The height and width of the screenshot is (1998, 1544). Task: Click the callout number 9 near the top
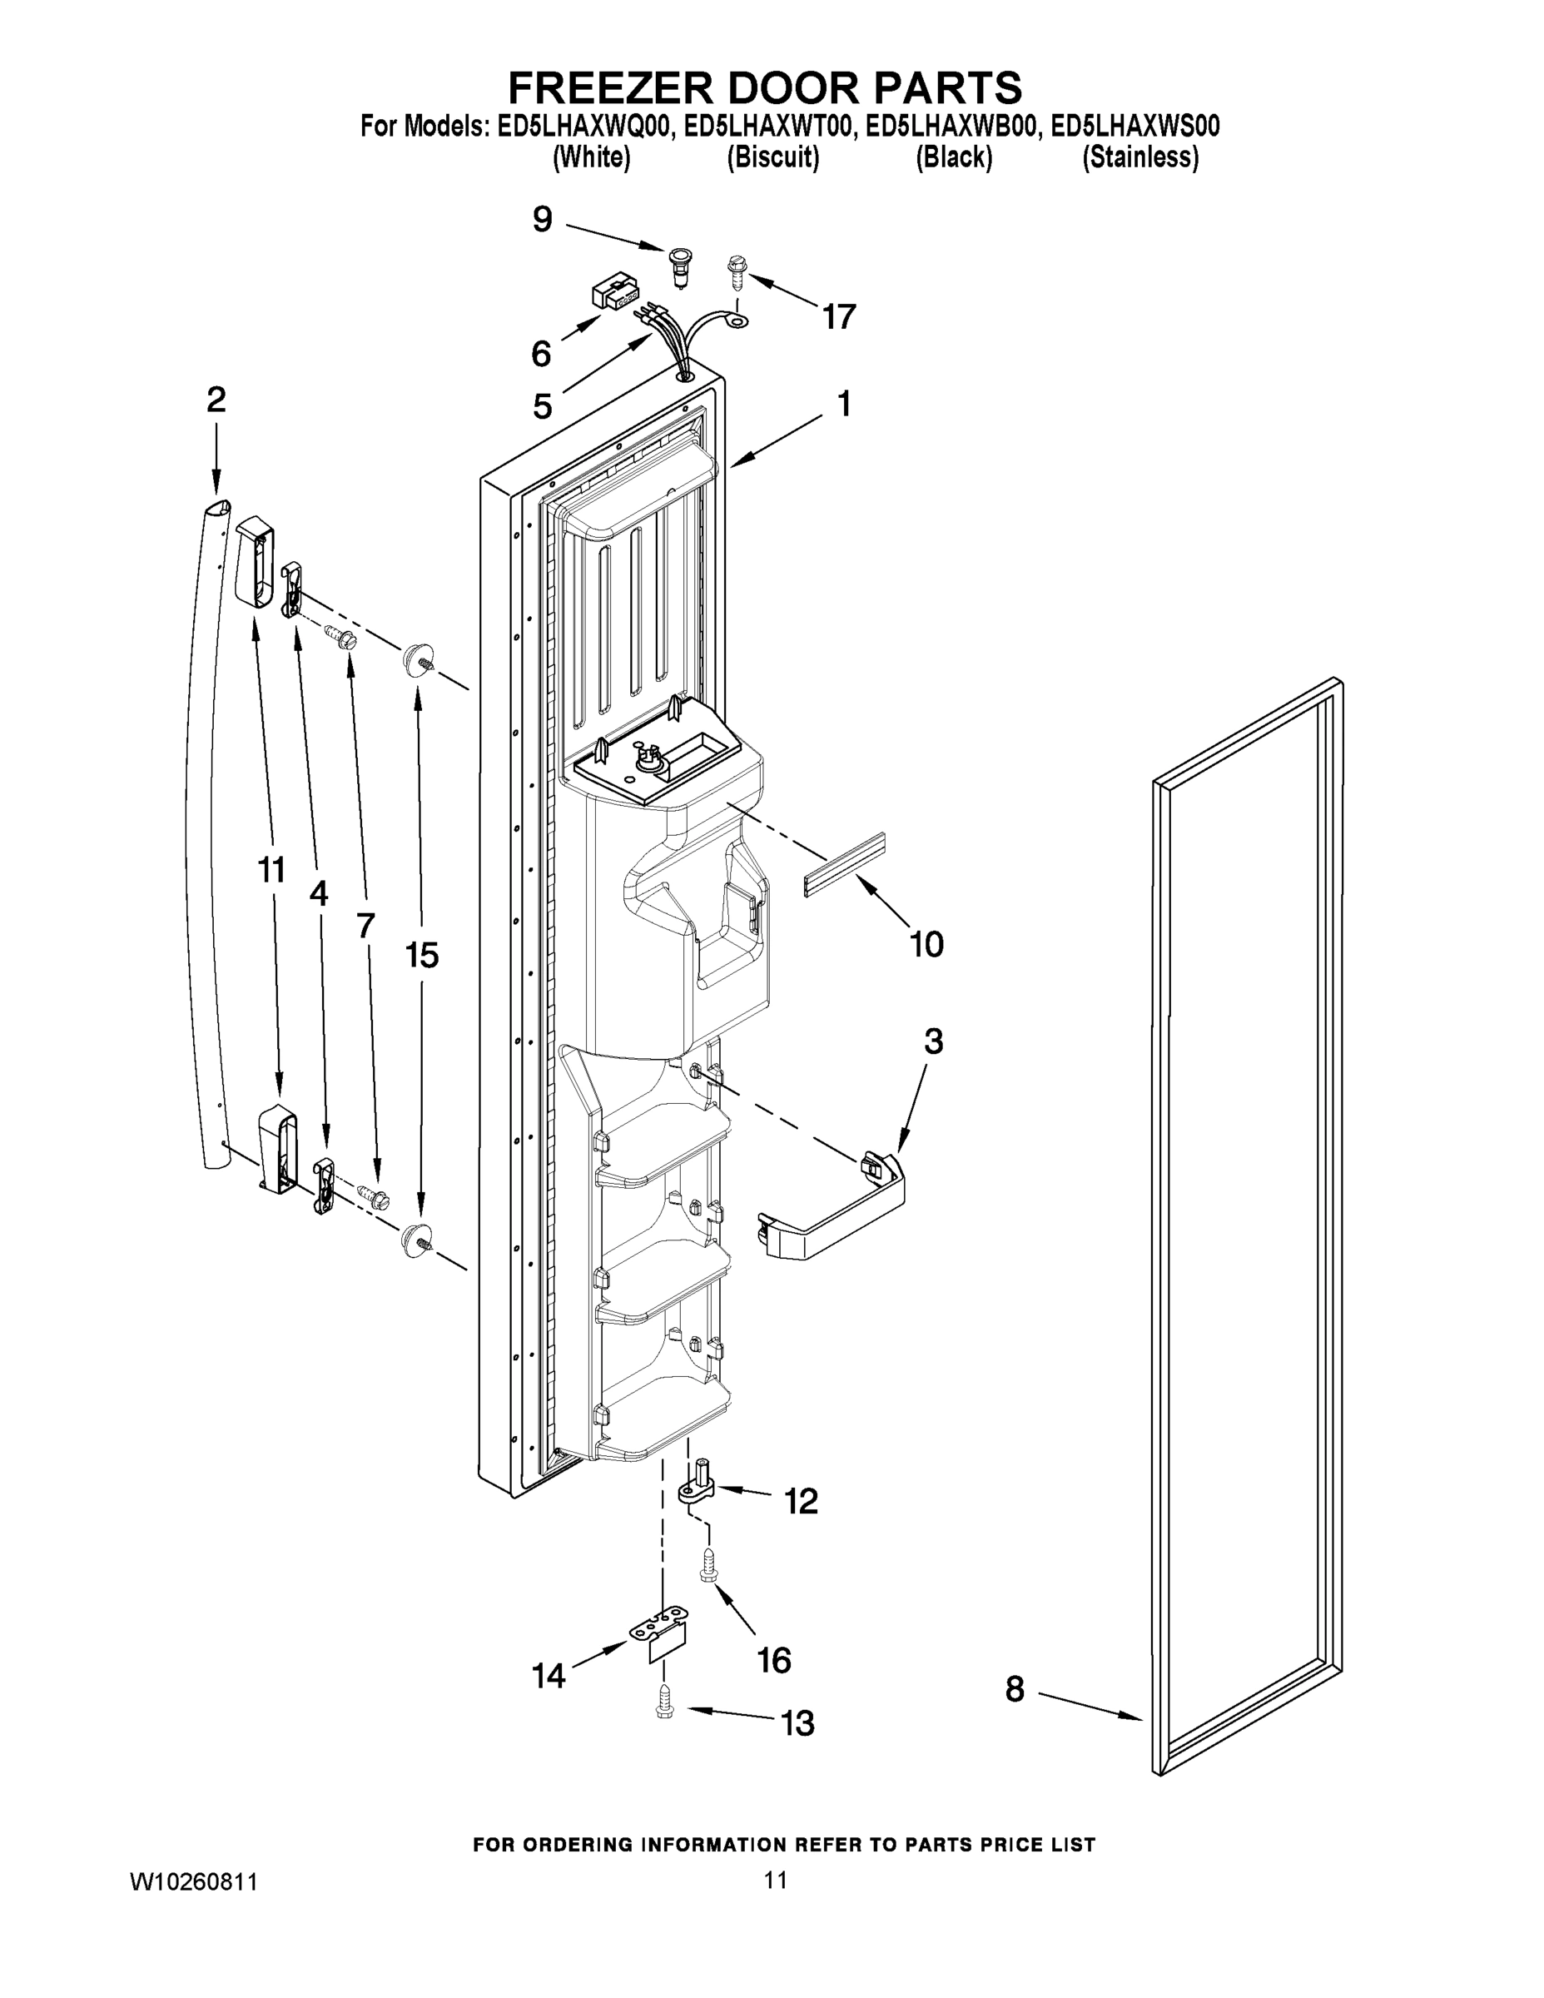click(543, 220)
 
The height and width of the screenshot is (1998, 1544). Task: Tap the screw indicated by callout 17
click(737, 269)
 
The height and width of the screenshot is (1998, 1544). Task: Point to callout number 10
click(926, 943)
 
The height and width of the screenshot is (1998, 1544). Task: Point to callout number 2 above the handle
click(216, 400)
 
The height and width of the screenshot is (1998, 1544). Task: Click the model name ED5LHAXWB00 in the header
click(952, 126)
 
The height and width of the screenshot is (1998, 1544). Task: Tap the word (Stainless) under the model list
click(1139, 157)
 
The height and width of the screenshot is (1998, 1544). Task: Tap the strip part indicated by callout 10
click(845, 864)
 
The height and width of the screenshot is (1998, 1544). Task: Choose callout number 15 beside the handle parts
click(422, 955)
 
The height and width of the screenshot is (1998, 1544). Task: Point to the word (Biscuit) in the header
click(773, 157)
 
